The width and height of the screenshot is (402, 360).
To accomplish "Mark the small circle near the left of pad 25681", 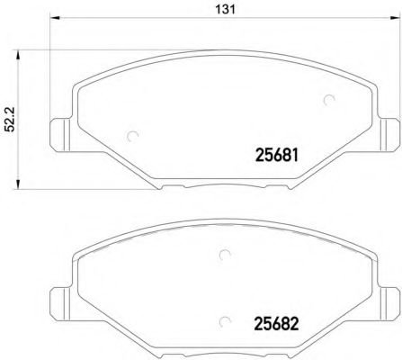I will (x=133, y=137).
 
